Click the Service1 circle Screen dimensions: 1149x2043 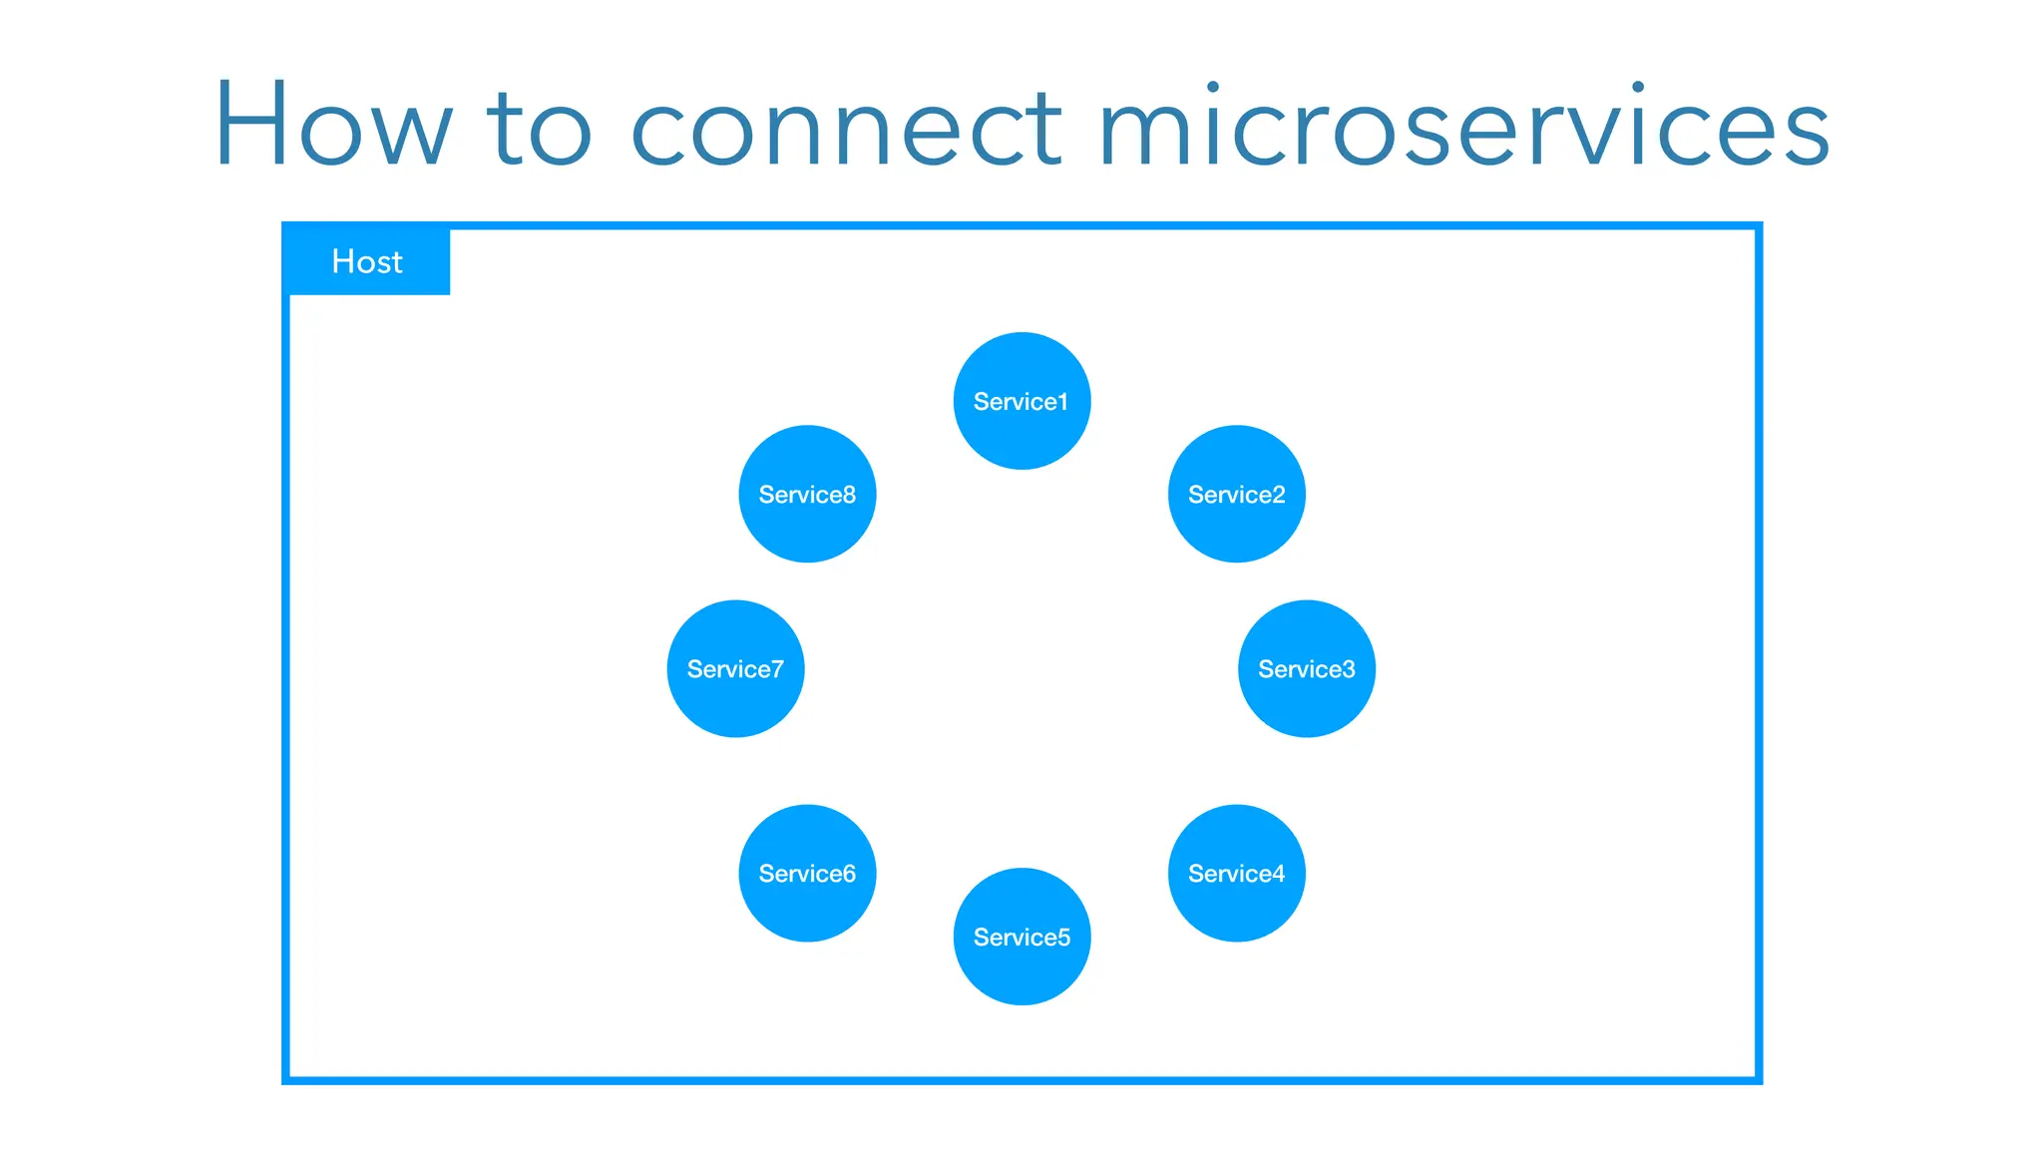1021,401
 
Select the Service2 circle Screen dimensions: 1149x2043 1236,494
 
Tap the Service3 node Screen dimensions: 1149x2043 1306,668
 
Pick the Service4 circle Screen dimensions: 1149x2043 1236,873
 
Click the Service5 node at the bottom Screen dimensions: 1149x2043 1021,937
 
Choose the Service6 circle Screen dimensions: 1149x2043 807,873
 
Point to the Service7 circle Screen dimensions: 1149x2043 735,668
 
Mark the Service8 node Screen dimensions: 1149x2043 807,494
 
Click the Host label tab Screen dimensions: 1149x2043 367,261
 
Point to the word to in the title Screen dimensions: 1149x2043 539,130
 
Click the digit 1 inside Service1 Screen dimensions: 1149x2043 1063,402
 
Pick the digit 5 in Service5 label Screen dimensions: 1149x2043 1064,938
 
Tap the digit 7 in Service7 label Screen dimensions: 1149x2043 777,669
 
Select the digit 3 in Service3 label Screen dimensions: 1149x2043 1349,669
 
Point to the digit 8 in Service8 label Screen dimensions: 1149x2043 849,495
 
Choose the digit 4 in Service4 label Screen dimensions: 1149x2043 1279,874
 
